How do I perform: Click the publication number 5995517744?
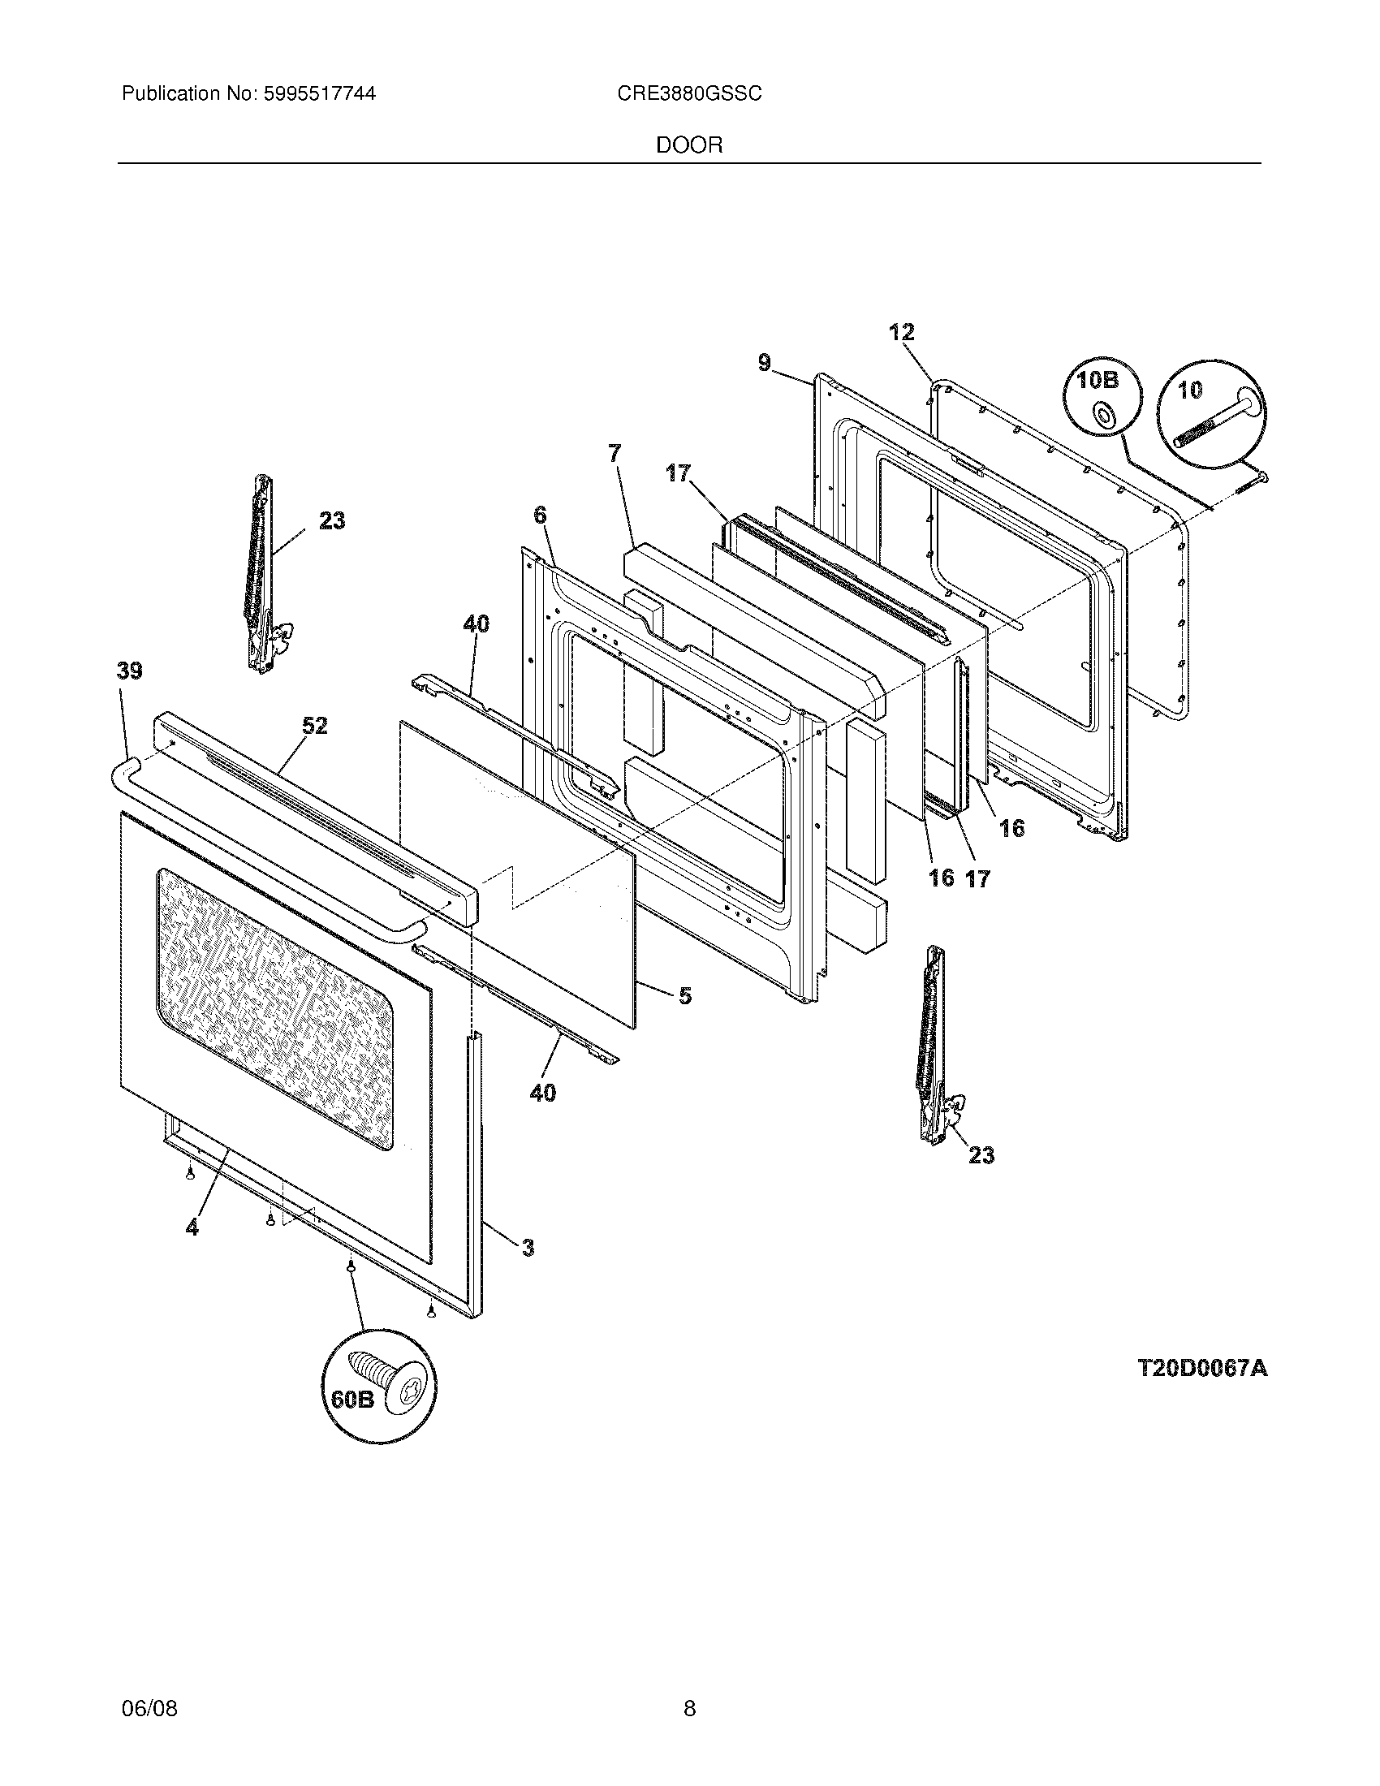coord(319,94)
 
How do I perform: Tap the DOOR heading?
coord(689,145)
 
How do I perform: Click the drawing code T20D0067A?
coord(1201,1368)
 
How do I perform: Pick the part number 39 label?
coord(129,671)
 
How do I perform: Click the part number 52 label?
coord(315,725)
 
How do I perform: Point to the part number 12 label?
coord(902,332)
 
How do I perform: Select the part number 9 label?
coord(765,362)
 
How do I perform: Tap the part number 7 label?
coord(615,452)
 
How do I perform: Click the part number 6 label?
coord(540,516)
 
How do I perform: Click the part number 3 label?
coord(528,1247)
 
